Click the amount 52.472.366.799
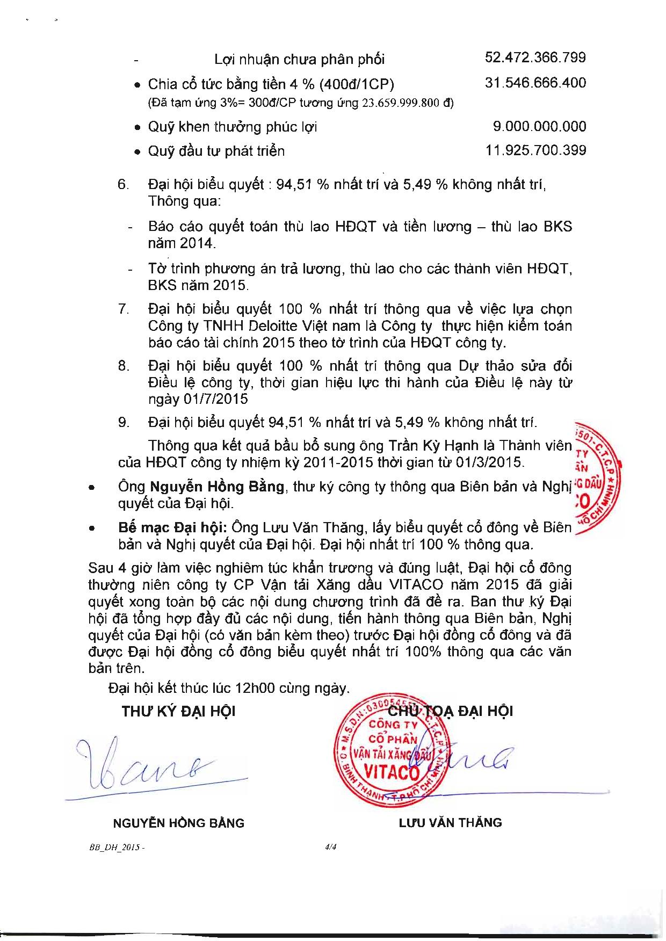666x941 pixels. [535, 57]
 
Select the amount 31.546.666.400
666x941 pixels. [535, 83]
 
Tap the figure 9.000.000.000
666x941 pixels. [539, 127]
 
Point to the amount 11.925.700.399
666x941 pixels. [535, 150]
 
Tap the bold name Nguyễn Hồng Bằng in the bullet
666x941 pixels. [217, 487]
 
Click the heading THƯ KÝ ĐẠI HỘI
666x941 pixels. [178, 712]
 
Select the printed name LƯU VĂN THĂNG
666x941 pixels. [450, 822]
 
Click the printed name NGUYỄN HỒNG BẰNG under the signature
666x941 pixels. [178, 823]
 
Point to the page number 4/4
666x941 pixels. [330, 847]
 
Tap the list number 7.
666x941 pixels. [124, 309]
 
